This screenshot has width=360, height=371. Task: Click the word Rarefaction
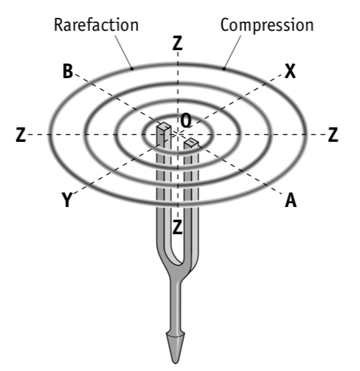coord(95,25)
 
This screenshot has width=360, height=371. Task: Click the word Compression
coord(266,25)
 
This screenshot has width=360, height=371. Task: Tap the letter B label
coord(68,70)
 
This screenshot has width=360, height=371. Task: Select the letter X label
coord(289,70)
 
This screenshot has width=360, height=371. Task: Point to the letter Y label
coord(67,201)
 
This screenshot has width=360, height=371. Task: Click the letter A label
coord(290,201)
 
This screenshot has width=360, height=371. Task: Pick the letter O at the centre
coord(185,122)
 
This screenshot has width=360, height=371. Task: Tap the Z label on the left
coord(21,135)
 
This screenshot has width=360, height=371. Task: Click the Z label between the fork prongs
coord(177,229)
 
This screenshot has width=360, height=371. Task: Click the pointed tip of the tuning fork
coord(176,358)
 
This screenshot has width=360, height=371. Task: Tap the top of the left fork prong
coord(164,128)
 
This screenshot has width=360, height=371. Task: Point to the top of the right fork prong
coord(191,144)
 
